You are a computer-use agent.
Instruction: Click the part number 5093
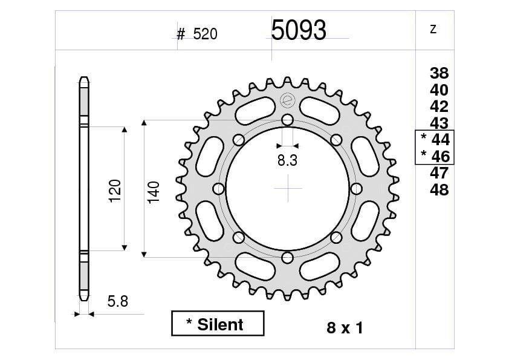pos(299,30)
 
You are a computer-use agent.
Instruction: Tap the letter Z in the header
pos(433,30)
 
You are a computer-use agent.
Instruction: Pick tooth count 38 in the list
pos(439,74)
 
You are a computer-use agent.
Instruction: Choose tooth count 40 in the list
pos(439,90)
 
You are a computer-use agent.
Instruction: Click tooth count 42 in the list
pos(439,106)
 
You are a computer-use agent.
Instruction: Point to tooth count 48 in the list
pos(439,190)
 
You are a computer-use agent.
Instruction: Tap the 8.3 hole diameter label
pos(287,160)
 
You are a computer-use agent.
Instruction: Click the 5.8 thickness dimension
pos(118,301)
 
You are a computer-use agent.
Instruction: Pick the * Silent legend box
pos(218,324)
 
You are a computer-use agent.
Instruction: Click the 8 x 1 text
pos(345,329)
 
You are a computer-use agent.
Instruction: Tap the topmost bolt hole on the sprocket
pos(287,119)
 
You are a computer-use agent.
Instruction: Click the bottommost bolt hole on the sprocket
pos(287,258)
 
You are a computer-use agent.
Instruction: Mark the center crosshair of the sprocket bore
pos(288,189)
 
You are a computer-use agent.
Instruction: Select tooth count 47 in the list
pos(439,173)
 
